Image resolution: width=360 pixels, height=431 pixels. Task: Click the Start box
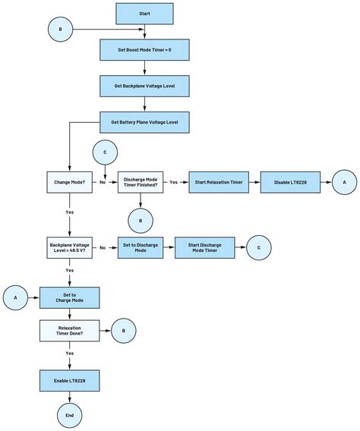(x=144, y=14)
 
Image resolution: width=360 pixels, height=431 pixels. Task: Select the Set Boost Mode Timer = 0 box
(x=144, y=50)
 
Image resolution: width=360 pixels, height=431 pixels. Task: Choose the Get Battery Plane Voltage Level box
(x=144, y=122)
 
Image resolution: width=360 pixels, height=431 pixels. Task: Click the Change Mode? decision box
(x=69, y=182)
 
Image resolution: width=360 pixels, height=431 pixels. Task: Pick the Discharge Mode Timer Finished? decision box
(x=141, y=182)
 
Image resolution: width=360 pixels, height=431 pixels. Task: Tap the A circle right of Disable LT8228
(x=343, y=182)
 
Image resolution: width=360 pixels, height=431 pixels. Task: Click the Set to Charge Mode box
(x=69, y=298)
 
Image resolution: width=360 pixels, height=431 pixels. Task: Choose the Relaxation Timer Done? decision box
(x=69, y=330)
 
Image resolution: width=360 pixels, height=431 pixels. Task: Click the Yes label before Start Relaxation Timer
(x=173, y=182)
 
